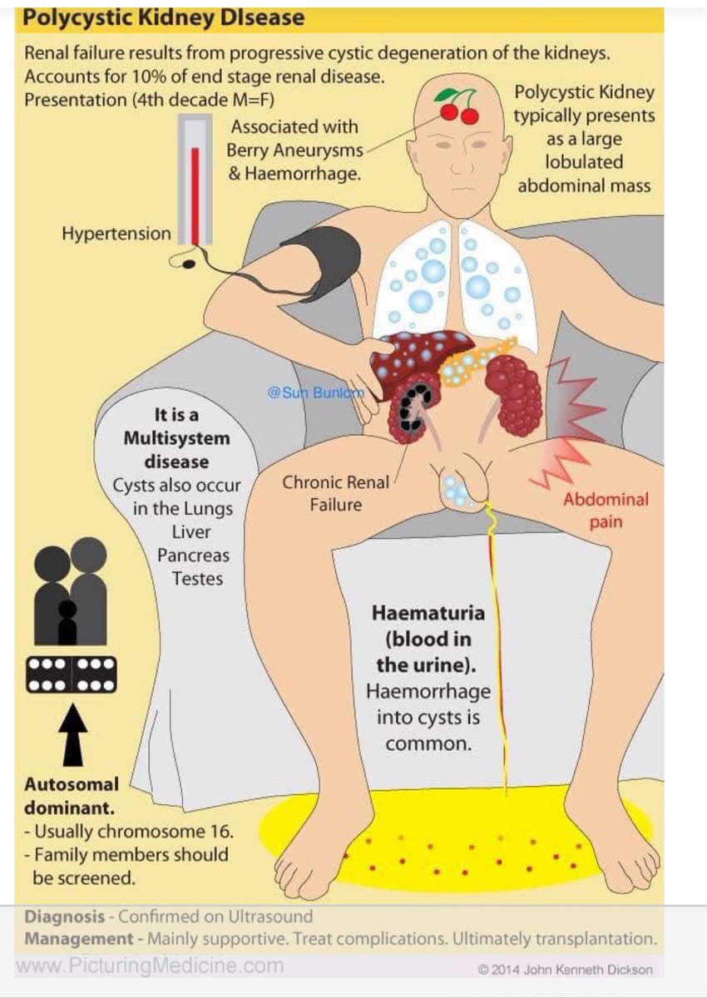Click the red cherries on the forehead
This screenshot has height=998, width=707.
(459, 108)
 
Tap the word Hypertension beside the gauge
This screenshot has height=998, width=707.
(116, 234)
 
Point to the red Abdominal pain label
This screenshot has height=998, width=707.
(606, 510)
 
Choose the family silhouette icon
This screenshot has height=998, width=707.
(72, 591)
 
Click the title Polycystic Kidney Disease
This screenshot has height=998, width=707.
(165, 17)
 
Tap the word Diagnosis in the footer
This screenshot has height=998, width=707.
(65, 916)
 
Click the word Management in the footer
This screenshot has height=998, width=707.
(78, 939)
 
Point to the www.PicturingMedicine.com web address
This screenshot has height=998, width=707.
(150, 966)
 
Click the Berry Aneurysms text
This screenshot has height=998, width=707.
(295, 151)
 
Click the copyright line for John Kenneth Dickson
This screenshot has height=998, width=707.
(566, 969)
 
